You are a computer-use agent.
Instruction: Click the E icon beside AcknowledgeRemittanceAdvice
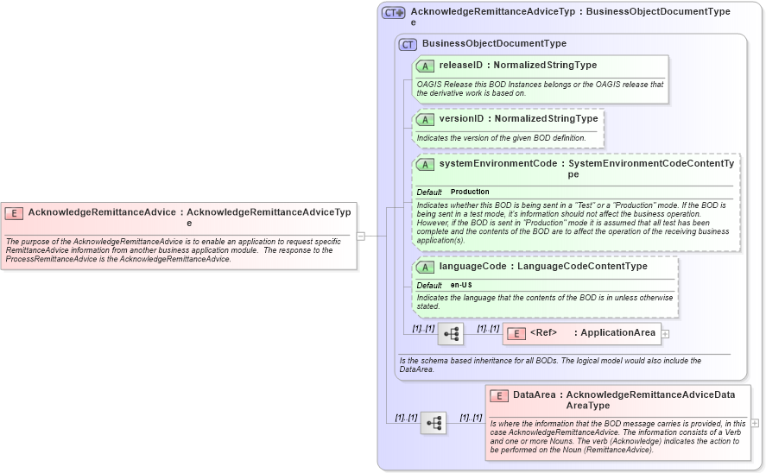pyautogui.click(x=15, y=212)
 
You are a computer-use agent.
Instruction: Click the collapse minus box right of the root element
pyautogui.click(x=361, y=236)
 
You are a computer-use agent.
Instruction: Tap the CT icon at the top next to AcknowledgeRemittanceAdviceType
pyautogui.click(x=394, y=13)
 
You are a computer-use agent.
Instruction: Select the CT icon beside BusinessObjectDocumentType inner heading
pyautogui.click(x=408, y=44)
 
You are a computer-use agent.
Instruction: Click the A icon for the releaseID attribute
pyautogui.click(x=425, y=66)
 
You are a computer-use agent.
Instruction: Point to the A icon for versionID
pyautogui.click(x=425, y=119)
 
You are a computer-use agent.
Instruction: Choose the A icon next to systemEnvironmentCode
pyautogui.click(x=425, y=164)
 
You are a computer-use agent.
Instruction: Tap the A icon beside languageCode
pyautogui.click(x=425, y=268)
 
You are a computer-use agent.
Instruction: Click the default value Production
pyautogui.click(x=470, y=192)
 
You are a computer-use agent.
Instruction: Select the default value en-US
pyautogui.click(x=461, y=286)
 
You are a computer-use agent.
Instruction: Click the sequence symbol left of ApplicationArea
pyautogui.click(x=451, y=334)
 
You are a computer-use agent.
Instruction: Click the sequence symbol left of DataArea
pyautogui.click(x=434, y=423)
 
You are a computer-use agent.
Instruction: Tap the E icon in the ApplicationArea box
pyautogui.click(x=516, y=333)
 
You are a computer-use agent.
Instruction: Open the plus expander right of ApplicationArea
pyautogui.click(x=665, y=333)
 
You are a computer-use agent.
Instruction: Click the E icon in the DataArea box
pyautogui.click(x=499, y=395)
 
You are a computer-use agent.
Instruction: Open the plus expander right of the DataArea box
pyautogui.click(x=755, y=423)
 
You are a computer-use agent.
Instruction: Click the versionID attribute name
pyautogui.click(x=461, y=119)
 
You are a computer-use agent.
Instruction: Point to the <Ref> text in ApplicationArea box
pyautogui.click(x=543, y=333)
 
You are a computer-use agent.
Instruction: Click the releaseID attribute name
pyautogui.click(x=460, y=66)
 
